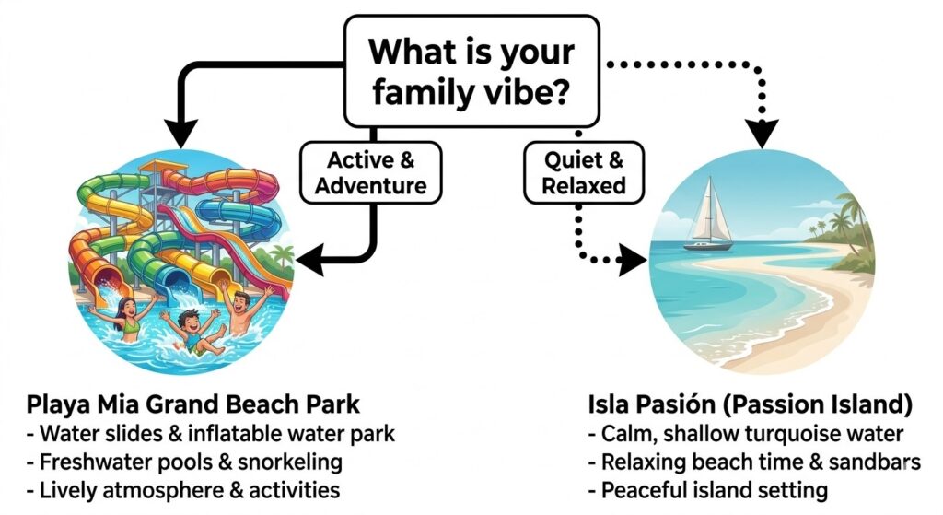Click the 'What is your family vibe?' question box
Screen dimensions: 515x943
[471, 70]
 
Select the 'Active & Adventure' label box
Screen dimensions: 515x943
[370, 172]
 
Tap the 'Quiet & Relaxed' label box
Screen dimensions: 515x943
[583, 172]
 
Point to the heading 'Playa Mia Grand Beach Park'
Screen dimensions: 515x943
[193, 405]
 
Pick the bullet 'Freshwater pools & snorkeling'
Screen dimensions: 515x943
[184, 462]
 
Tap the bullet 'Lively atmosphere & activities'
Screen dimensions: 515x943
[183, 489]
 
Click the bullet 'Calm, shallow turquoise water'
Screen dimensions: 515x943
[745, 434]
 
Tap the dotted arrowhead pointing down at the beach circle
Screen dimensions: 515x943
[761, 132]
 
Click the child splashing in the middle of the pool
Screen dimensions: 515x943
[190, 332]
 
